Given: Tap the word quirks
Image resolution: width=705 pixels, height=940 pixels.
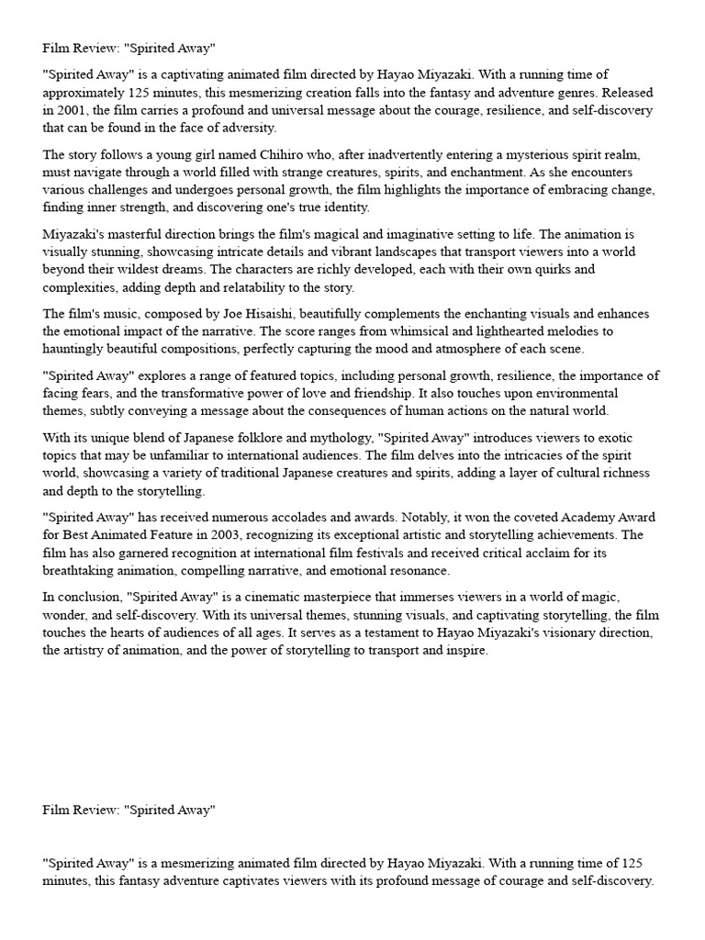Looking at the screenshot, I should click(x=549, y=269).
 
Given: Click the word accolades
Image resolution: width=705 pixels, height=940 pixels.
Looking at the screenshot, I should click(x=348, y=517).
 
